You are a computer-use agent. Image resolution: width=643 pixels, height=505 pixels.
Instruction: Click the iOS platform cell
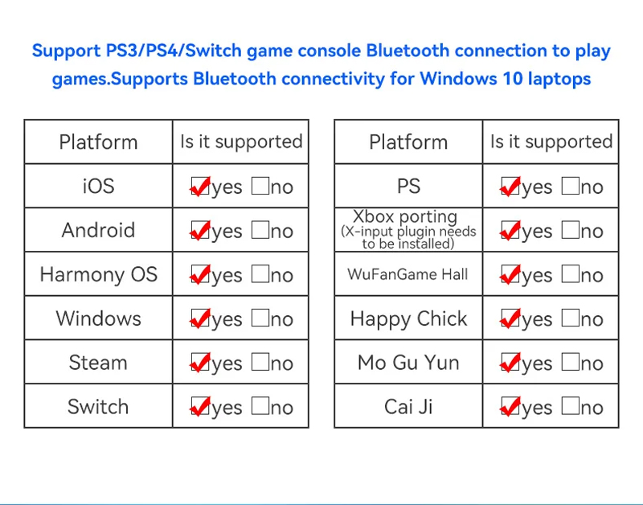click(x=98, y=186)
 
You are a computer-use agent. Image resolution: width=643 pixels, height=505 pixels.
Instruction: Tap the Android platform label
click(x=98, y=230)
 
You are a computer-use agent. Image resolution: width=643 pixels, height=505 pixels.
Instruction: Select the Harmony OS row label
click(x=98, y=274)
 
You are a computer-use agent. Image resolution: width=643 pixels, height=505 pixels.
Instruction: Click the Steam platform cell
click(x=98, y=363)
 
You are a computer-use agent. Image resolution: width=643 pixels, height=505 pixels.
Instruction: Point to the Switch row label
click(x=98, y=407)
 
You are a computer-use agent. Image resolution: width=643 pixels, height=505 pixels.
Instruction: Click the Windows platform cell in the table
click(x=98, y=318)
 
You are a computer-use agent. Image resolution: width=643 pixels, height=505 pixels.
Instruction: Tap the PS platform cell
click(x=408, y=186)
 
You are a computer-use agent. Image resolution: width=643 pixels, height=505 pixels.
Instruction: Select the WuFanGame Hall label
click(x=408, y=274)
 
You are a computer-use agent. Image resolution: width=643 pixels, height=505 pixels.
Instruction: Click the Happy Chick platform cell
click(x=408, y=318)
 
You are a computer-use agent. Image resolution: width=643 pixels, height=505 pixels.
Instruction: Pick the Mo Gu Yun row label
click(x=408, y=363)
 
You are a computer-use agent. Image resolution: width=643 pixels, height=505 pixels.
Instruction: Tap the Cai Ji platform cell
click(x=408, y=407)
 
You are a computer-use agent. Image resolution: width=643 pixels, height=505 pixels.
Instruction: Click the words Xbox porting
click(x=405, y=216)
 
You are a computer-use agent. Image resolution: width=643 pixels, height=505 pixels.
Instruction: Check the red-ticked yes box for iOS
click(x=200, y=187)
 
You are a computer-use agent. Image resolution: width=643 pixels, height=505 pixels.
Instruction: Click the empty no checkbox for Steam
click(x=260, y=362)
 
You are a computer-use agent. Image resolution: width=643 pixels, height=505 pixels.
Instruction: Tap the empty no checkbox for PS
click(x=571, y=186)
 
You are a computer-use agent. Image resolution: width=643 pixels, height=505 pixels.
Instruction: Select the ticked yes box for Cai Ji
click(x=510, y=407)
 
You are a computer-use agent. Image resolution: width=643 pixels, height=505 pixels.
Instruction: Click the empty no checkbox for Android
click(x=260, y=230)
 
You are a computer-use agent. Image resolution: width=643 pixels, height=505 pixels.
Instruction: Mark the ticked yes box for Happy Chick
click(x=510, y=318)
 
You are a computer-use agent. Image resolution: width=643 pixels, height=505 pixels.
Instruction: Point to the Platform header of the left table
click(x=98, y=142)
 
